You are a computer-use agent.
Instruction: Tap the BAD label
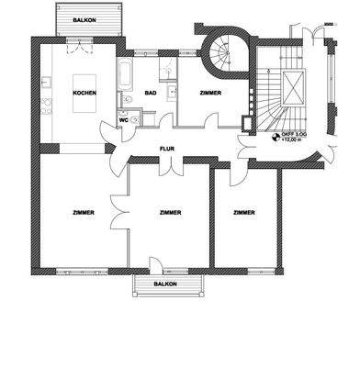(x=148, y=93)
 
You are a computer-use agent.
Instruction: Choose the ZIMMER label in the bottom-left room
(x=81, y=213)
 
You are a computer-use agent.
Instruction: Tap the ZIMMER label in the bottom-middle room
(x=169, y=213)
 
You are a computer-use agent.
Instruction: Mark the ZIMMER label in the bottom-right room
(x=243, y=213)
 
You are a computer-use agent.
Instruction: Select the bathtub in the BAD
(x=125, y=72)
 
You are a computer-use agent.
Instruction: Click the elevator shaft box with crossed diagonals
(x=291, y=91)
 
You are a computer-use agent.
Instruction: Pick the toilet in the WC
(x=135, y=119)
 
